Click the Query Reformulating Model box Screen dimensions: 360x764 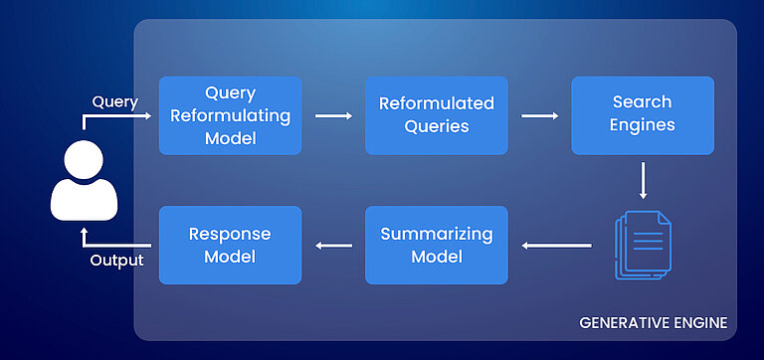pos(230,115)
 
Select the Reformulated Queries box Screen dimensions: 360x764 pos(437,115)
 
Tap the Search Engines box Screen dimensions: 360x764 pos(643,115)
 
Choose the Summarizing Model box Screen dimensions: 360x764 pos(437,245)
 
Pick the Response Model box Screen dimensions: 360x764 pos(230,245)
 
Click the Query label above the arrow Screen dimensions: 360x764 pos(114,101)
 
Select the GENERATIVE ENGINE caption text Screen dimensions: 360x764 pos(653,323)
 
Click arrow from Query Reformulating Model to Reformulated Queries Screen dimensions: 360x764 pos(333,115)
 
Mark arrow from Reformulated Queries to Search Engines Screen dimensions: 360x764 pos(540,115)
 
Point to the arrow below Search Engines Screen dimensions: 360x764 pos(644,181)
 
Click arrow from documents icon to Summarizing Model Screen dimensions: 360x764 pos(558,246)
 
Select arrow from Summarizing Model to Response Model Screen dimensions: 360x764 pos(333,246)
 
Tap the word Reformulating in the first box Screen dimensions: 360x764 pos(230,115)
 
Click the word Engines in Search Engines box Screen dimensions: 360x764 pos(643,125)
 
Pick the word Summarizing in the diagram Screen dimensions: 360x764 pos(437,235)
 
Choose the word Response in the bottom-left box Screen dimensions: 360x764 pos(230,235)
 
